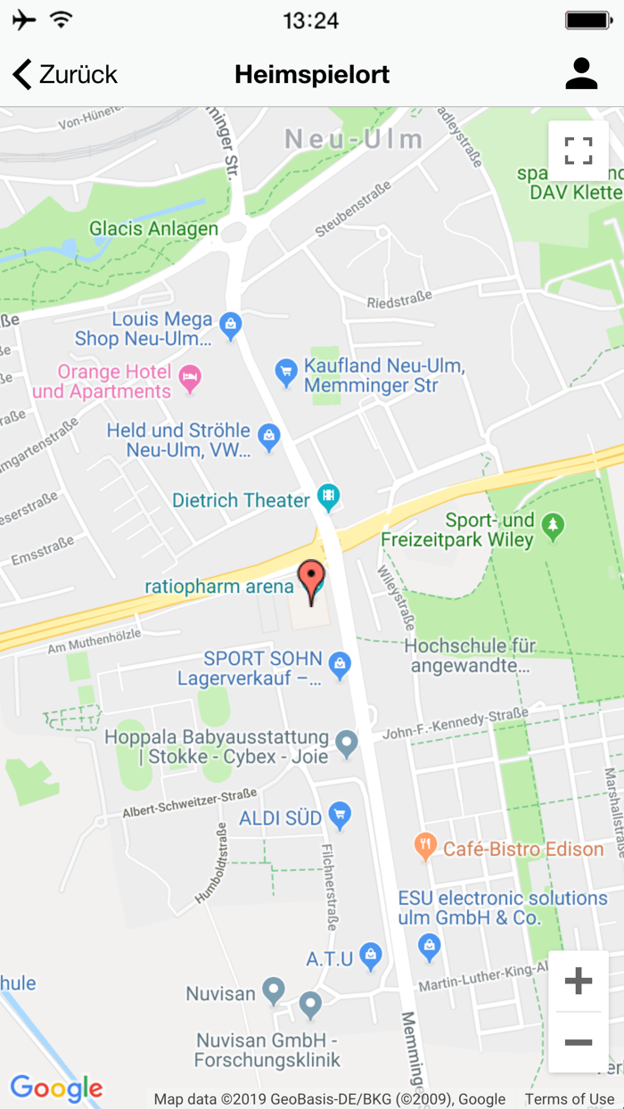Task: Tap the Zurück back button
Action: [x=65, y=75]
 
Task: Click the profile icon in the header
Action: [x=581, y=74]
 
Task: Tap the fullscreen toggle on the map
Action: [x=579, y=151]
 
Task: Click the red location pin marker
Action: [x=311, y=580]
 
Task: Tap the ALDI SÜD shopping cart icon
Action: [x=340, y=815]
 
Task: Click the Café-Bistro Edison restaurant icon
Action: [x=426, y=847]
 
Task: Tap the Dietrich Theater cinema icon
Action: [x=329, y=497]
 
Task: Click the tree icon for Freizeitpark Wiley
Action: [x=554, y=526]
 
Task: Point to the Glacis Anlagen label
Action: [x=153, y=229]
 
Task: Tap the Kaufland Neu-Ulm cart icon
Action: [x=285, y=372]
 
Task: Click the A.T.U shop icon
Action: [x=371, y=957]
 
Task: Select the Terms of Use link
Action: [x=569, y=1099]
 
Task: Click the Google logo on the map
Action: [x=56, y=1088]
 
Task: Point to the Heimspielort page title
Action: [x=312, y=75]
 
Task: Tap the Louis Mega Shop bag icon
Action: [x=231, y=325]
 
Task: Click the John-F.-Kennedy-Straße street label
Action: [x=456, y=723]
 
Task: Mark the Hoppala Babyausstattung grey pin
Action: [x=347, y=742]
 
